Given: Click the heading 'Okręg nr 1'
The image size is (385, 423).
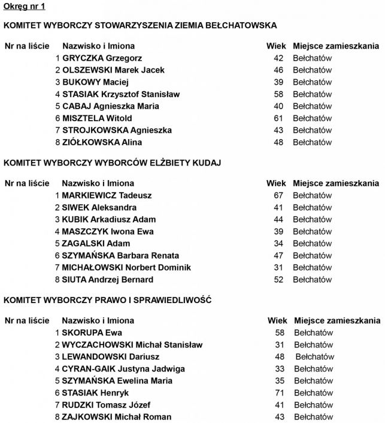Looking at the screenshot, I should [24, 7].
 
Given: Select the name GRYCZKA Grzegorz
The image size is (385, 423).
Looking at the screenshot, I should [102, 58].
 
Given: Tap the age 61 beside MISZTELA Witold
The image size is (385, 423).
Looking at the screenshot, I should [278, 118].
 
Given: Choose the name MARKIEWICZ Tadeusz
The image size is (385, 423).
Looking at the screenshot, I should [107, 196].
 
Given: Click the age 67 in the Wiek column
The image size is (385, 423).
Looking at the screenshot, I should [278, 196].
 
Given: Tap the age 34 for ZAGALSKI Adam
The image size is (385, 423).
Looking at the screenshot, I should [278, 244].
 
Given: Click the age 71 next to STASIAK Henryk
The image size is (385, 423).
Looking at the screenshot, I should [279, 392].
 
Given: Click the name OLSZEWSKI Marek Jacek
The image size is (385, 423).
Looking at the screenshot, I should [113, 70].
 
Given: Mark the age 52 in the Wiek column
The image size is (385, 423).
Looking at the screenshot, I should [278, 280].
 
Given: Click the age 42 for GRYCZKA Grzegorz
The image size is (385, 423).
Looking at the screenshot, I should [278, 58].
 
